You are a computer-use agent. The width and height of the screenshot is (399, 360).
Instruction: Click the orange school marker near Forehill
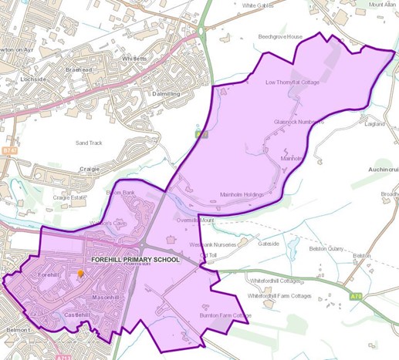[x=80, y=274]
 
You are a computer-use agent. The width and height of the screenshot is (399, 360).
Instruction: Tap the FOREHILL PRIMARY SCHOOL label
[x=135, y=260]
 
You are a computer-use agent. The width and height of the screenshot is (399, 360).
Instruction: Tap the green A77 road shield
[x=201, y=134]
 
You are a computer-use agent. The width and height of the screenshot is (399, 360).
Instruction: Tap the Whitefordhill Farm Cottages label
[x=279, y=296]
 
